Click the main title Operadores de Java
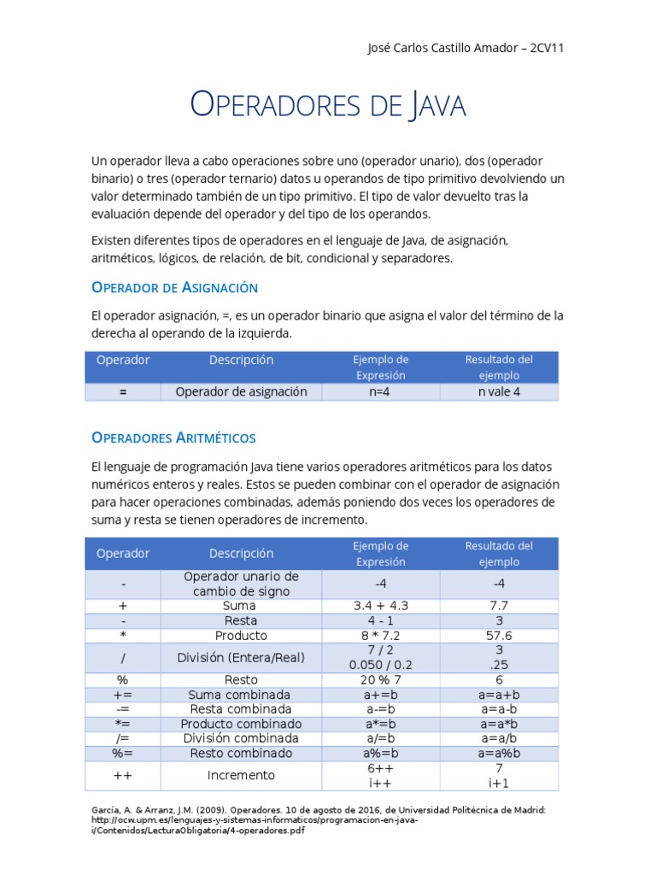pyautogui.click(x=327, y=105)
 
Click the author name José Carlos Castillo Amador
pyautogui.click(x=444, y=48)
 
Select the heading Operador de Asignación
pyautogui.click(x=174, y=287)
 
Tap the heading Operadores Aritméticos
pyautogui.click(x=173, y=437)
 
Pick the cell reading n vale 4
pyautogui.click(x=499, y=392)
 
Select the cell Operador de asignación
pyautogui.click(x=241, y=392)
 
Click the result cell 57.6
pyautogui.click(x=499, y=636)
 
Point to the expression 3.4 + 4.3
pyautogui.click(x=381, y=606)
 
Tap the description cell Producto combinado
pyautogui.click(x=241, y=724)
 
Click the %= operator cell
pyautogui.click(x=123, y=754)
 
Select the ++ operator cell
pyautogui.click(x=123, y=776)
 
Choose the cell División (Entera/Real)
pyautogui.click(x=241, y=658)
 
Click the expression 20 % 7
pyautogui.click(x=381, y=680)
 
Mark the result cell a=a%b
pyautogui.click(x=499, y=754)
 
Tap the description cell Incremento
pyautogui.click(x=241, y=776)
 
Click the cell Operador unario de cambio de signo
pyautogui.click(x=241, y=584)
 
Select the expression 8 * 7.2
pyautogui.click(x=381, y=636)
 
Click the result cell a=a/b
pyautogui.click(x=499, y=738)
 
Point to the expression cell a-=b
pyautogui.click(x=381, y=709)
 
